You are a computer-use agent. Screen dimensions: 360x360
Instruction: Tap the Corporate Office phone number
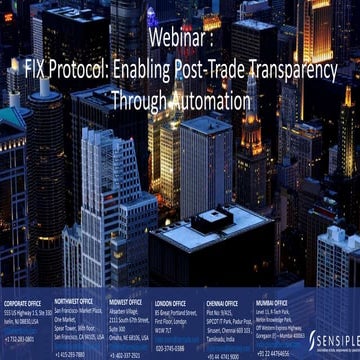click(19, 340)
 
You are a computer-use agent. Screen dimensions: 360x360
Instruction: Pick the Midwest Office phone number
click(125, 354)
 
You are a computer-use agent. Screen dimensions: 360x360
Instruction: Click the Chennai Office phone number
click(223, 354)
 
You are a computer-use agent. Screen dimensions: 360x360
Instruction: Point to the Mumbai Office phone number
click(274, 352)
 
